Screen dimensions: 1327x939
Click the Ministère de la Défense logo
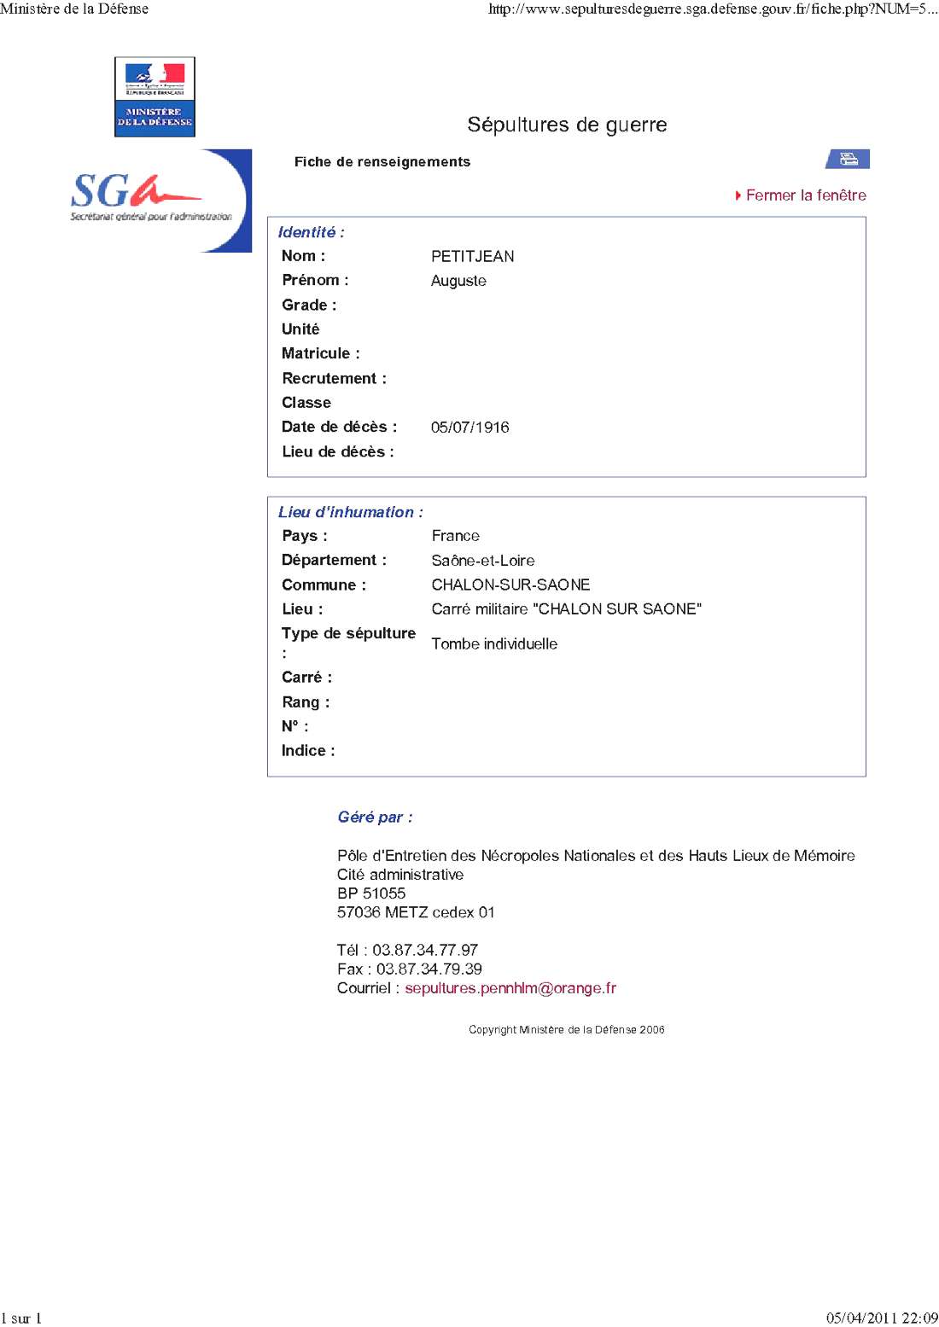155,96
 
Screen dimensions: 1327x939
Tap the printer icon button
848,159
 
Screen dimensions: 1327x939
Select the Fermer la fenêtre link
805,195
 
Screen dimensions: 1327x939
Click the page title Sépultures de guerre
567,125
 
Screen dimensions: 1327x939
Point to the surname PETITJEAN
472,256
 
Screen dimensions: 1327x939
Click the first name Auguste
458,281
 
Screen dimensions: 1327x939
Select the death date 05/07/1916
469,428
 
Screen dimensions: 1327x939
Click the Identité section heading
311,232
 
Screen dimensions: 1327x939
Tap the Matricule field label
320,353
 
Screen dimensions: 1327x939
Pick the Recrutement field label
334,378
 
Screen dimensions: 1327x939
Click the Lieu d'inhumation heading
350,512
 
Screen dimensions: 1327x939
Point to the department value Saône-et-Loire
482,561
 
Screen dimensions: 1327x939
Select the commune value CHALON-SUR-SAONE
510,585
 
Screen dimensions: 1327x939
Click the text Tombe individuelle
494,644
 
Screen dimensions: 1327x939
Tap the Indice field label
307,751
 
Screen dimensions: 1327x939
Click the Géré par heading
375,818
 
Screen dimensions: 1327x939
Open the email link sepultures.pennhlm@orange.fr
510,988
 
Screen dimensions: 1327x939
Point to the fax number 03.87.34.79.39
429,969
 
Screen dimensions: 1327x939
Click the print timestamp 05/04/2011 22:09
881,1318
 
